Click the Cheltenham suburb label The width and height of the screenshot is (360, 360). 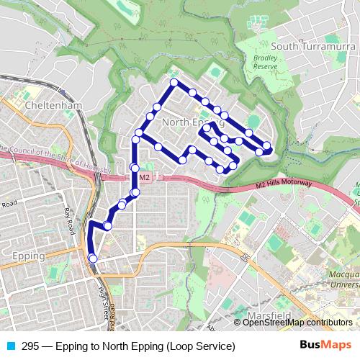[53, 105]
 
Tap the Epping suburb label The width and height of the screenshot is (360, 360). [29, 256]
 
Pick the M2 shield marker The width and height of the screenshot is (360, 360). [143, 176]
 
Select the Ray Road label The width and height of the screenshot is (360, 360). [69, 221]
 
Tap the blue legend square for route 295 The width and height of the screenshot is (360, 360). [8, 346]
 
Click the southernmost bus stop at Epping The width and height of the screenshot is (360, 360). [92, 258]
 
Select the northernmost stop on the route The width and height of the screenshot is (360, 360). [174, 84]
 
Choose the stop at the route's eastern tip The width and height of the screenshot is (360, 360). [267, 146]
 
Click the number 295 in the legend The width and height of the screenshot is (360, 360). [30, 346]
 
